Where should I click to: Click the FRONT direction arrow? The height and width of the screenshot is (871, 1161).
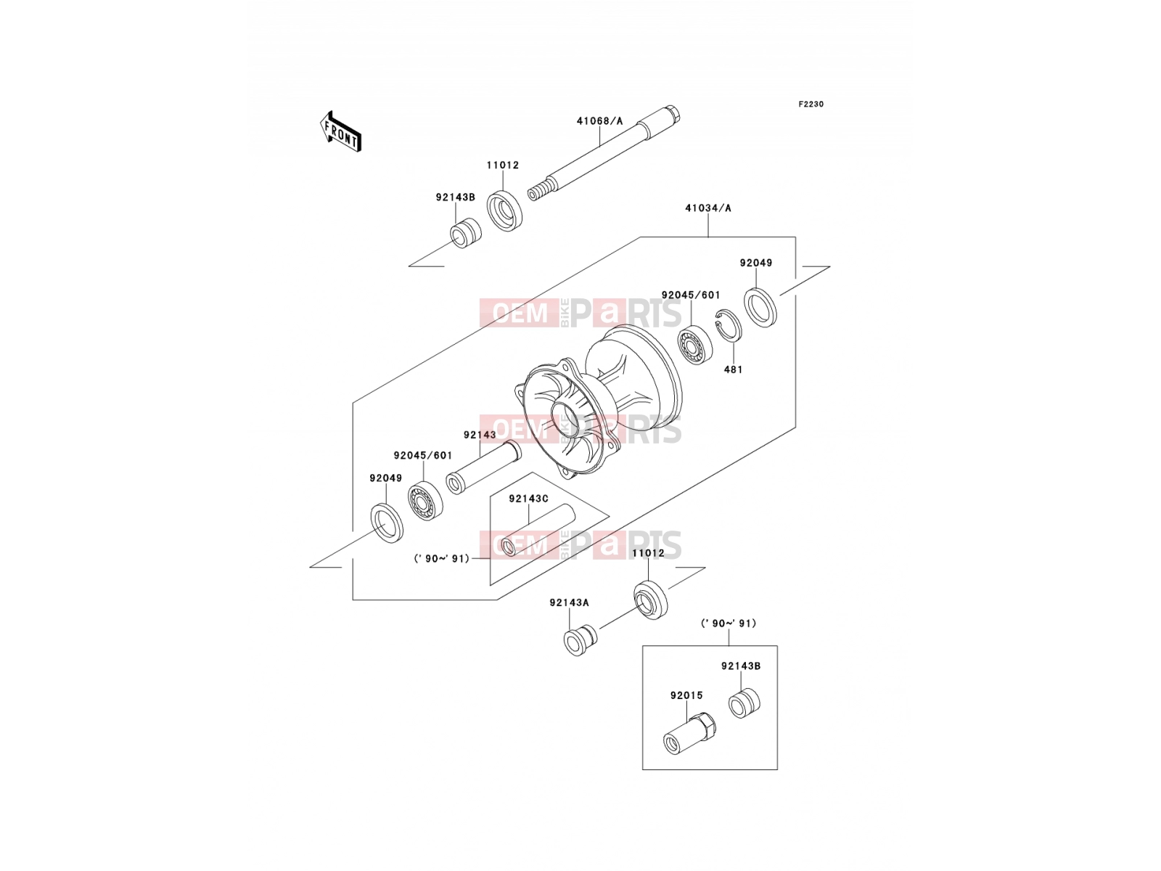click(x=340, y=131)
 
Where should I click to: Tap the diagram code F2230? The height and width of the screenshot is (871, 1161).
click(x=811, y=105)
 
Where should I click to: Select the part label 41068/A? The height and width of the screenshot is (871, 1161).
click(x=599, y=121)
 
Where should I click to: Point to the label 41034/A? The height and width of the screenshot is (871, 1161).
click(x=707, y=208)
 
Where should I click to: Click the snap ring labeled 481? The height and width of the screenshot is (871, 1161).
click(x=728, y=324)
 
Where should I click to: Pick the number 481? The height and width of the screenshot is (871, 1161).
click(x=733, y=369)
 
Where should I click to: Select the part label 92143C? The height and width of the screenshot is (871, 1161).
click(x=528, y=499)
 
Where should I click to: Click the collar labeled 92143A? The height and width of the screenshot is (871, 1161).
click(x=580, y=640)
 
